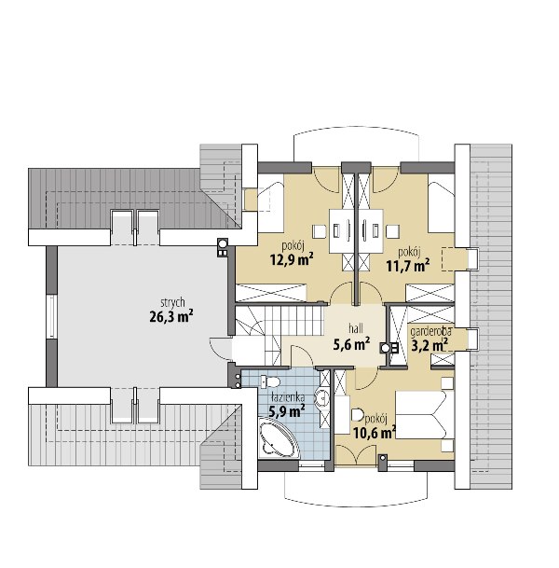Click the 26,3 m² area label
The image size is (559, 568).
click(170, 316)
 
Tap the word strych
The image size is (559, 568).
click(172, 302)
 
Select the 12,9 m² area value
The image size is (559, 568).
click(292, 259)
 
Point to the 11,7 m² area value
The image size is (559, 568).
click(408, 266)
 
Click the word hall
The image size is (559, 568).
click(356, 329)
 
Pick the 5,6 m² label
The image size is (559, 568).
click(351, 344)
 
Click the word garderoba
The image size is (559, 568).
click(430, 331)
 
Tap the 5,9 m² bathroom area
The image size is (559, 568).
click(287, 410)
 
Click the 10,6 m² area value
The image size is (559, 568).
click(375, 432)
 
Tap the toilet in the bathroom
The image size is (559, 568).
click(270, 381)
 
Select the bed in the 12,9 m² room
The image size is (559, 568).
click(270, 203)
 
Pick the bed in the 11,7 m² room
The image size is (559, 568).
click(441, 203)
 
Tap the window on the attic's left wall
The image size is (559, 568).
click(51, 317)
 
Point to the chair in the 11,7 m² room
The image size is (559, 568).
click(392, 231)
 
